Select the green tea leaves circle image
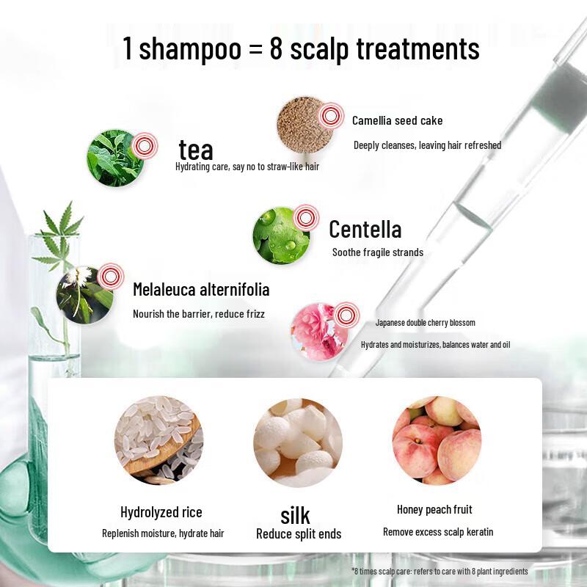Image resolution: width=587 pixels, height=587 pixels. [x=115, y=158]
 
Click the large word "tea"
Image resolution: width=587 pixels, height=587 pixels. [x=196, y=150]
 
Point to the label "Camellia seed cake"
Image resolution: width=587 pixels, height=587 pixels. [x=397, y=120]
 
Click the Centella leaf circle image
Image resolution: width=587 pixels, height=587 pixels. [x=281, y=235]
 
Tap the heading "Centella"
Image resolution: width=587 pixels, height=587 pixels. [x=365, y=230]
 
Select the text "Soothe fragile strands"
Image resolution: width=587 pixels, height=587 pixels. [x=377, y=252]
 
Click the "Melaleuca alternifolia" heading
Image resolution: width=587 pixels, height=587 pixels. [x=201, y=290]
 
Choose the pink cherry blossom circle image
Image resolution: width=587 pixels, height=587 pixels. [x=318, y=331]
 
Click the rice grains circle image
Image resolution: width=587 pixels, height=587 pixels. [x=158, y=441]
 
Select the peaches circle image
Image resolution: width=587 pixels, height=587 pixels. [x=437, y=440]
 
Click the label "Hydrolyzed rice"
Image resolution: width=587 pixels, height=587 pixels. [x=161, y=512]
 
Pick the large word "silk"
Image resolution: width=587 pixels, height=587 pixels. [x=295, y=514]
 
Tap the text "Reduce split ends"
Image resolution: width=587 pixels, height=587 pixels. [x=299, y=534]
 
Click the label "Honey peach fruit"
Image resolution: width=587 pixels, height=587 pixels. [x=434, y=509]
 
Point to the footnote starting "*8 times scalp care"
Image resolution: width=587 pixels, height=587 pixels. [x=439, y=571]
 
